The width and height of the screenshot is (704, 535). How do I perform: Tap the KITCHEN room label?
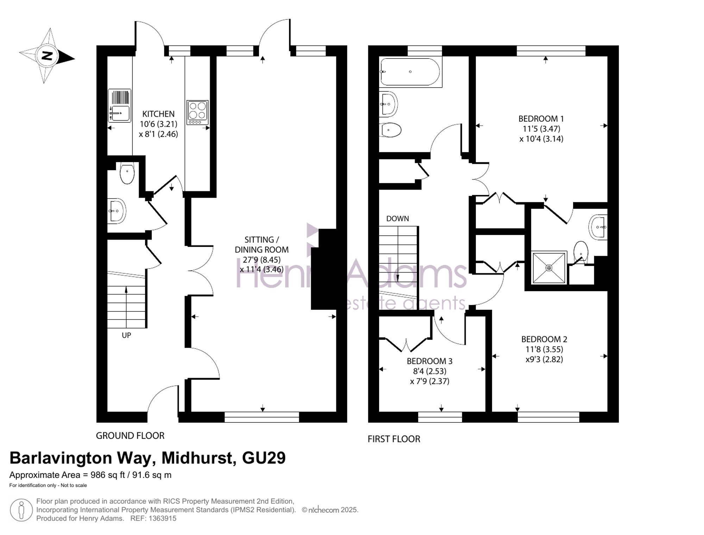pyautogui.click(x=158, y=114)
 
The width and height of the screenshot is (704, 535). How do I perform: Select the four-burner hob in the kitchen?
pyautogui.click(x=197, y=113)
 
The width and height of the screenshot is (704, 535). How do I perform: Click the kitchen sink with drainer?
pyautogui.click(x=119, y=106)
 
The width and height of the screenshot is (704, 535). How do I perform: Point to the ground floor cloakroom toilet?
pyautogui.click(x=127, y=173)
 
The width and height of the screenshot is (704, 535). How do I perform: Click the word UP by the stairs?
pyautogui.click(x=126, y=335)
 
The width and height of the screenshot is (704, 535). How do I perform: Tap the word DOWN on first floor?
pyautogui.click(x=397, y=218)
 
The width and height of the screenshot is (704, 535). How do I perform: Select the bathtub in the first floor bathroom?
pyautogui.click(x=410, y=72)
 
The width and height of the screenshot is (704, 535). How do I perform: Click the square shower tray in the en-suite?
pyautogui.click(x=549, y=268)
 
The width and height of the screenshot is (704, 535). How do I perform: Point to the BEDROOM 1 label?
pyautogui.click(x=538, y=119)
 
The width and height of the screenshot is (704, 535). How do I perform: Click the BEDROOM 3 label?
pyautogui.click(x=429, y=361)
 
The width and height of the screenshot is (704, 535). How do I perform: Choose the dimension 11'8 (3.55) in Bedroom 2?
pyautogui.click(x=544, y=349)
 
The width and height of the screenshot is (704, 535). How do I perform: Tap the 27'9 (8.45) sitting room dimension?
pyautogui.click(x=262, y=260)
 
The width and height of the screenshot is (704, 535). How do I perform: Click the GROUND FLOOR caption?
pyautogui.click(x=130, y=435)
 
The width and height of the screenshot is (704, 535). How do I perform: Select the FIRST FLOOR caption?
pyautogui.click(x=394, y=439)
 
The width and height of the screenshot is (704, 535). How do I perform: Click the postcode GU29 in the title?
pyautogui.click(x=264, y=458)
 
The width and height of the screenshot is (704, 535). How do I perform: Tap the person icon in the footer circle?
pyautogui.click(x=21, y=510)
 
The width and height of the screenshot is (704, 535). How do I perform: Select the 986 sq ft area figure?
pyautogui.click(x=108, y=475)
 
